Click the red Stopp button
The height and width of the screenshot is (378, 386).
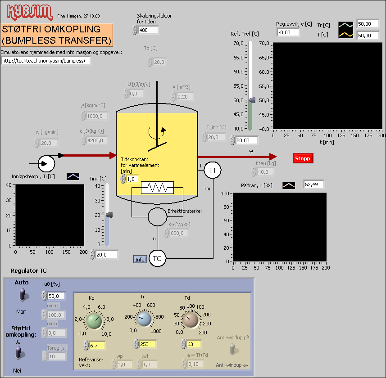(x=303, y=158)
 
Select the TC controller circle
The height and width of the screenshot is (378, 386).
(x=157, y=258)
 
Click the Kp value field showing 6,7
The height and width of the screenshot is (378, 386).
(x=98, y=345)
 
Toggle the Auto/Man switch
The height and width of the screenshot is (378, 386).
(x=21, y=296)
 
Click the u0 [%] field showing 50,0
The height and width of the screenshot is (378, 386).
(x=56, y=296)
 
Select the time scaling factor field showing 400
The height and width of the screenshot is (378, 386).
(x=148, y=30)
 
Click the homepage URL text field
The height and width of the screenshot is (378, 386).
(x=45, y=61)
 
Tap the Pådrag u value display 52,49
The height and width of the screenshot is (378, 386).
(x=313, y=184)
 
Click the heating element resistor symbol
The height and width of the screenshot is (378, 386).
(x=157, y=188)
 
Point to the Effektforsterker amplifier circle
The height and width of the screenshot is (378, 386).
(x=157, y=217)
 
